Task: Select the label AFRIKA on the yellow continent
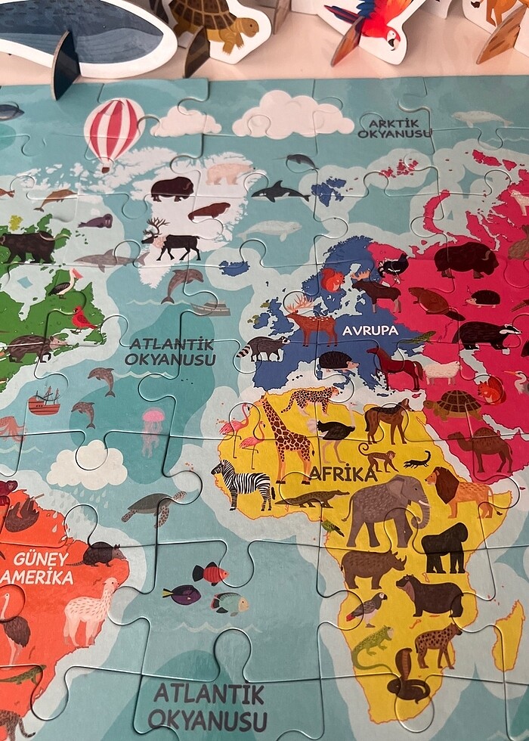pos(342,474)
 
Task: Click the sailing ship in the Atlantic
pos(44,401)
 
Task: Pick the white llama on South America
pos(90,609)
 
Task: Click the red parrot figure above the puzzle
pos(370,23)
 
